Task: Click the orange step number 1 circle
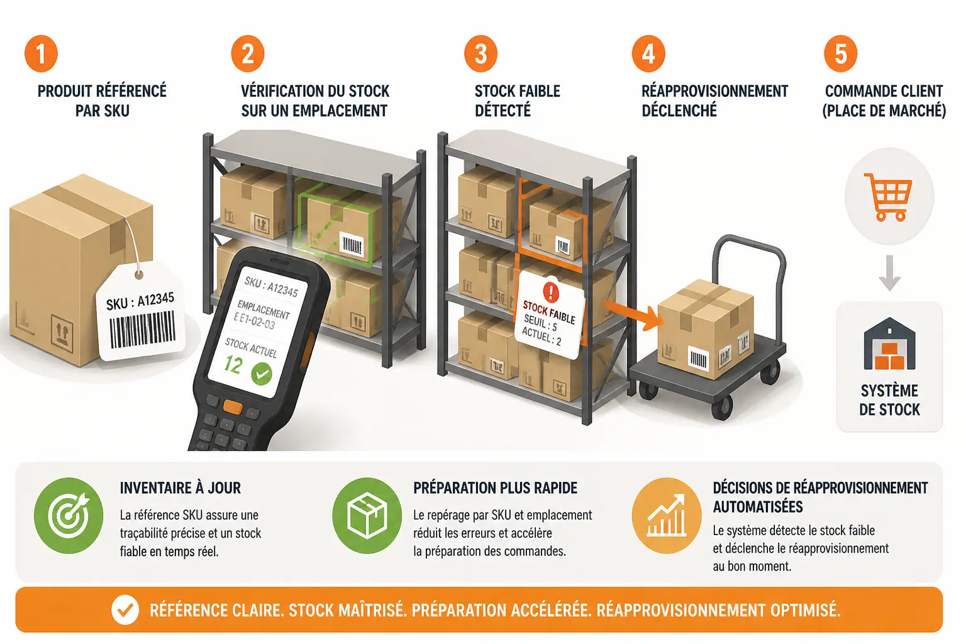[41, 53]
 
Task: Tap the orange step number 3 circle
[481, 53]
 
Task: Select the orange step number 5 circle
[840, 53]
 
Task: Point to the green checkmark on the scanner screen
[262, 374]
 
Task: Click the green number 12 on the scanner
[233, 365]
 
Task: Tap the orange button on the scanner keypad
[233, 408]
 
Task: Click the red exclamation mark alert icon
[551, 292]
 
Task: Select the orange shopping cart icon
[889, 197]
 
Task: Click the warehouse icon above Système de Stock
[889, 344]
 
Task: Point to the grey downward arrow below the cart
[889, 273]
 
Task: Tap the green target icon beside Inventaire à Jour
[69, 516]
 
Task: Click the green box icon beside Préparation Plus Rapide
[367, 516]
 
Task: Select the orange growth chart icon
[667, 516]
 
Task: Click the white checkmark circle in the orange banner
[125, 610]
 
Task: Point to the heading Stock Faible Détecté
[518, 101]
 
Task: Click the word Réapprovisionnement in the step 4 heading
[714, 91]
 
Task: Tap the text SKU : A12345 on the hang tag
[140, 301]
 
